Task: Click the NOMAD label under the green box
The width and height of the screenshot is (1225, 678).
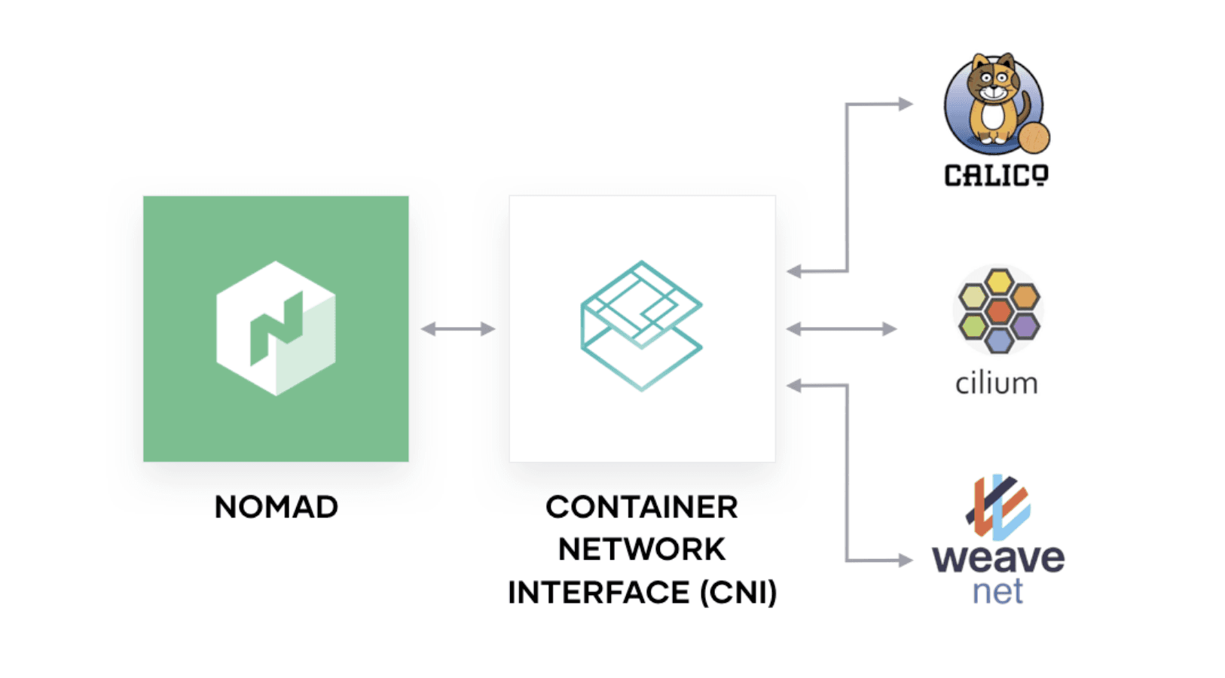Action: [x=276, y=507]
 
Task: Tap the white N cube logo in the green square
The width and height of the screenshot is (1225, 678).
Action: [x=276, y=328]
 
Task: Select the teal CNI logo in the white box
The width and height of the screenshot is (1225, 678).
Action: [x=641, y=325]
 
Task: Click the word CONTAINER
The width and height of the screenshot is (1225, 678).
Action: [x=641, y=507]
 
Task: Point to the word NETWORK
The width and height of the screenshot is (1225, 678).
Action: [x=641, y=549]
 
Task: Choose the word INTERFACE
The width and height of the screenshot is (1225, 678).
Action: [x=598, y=592]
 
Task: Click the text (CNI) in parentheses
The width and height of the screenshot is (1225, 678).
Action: [x=738, y=592]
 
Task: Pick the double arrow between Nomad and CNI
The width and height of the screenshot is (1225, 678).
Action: [x=458, y=328]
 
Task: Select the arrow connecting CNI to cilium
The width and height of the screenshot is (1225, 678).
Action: [x=841, y=328]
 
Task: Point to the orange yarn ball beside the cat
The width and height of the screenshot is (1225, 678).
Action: [x=1034, y=138]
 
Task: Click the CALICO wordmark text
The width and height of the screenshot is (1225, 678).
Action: [x=996, y=176]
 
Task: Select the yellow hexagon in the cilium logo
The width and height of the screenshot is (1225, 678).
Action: [x=999, y=282]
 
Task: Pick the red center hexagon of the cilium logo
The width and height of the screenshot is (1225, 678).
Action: [x=999, y=310]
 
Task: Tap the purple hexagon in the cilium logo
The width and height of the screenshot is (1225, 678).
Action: [x=1025, y=325]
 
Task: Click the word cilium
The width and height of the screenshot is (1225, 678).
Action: [x=996, y=383]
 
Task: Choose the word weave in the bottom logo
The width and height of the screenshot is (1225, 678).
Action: [x=998, y=559]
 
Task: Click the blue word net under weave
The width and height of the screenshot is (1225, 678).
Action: [x=997, y=592]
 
